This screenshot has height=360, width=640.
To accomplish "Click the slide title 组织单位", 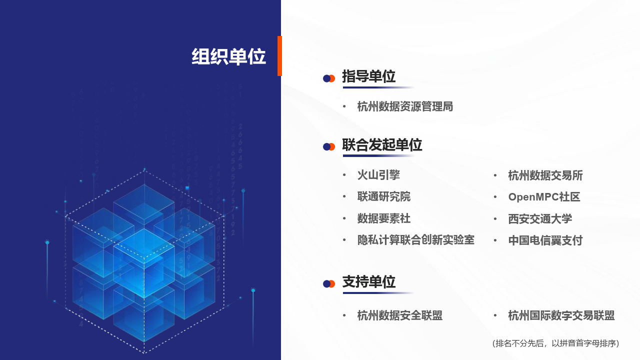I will pos(228,57).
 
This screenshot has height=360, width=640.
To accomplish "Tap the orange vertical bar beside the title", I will pos(280,56).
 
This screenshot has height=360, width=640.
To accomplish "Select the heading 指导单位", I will pos(368,76).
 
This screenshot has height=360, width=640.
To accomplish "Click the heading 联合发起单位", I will pos(382,145).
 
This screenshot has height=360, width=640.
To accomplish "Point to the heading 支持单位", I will pos(368,282).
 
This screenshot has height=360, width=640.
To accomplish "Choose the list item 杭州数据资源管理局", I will pos(405,106).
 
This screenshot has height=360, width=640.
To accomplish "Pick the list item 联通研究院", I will pos(384,197).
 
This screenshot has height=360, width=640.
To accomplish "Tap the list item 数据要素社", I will pos(384,218).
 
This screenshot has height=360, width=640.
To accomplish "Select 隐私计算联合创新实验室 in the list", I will pos(415,240).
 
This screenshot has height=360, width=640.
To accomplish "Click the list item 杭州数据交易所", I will pos(545,175).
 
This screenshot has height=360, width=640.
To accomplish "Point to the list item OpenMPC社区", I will pos(544,197).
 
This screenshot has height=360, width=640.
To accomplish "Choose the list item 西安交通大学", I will pos(540,219).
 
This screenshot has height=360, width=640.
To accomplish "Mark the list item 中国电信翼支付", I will pos(545,240).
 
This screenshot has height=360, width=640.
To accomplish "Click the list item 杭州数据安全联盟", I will pos(400,315).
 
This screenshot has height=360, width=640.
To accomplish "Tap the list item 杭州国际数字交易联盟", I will pos(561,315).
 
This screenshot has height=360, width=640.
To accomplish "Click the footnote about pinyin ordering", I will pos(556,343).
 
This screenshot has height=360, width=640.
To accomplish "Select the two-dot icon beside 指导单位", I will pos(328,78).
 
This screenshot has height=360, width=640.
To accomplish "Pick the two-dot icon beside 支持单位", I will pos(328,284).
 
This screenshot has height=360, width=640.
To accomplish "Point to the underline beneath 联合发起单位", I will pos(378,156).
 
